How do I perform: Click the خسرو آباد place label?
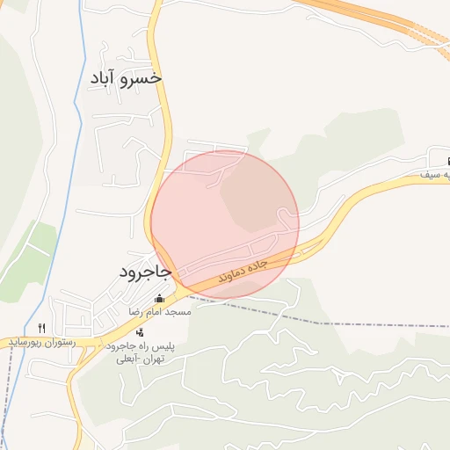tap(126, 77)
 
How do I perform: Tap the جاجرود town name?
tap(143, 272)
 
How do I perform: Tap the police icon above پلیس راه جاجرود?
tap(140, 332)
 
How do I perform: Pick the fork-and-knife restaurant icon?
tap(41, 327)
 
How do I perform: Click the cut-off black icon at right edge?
tap(447, 161)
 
